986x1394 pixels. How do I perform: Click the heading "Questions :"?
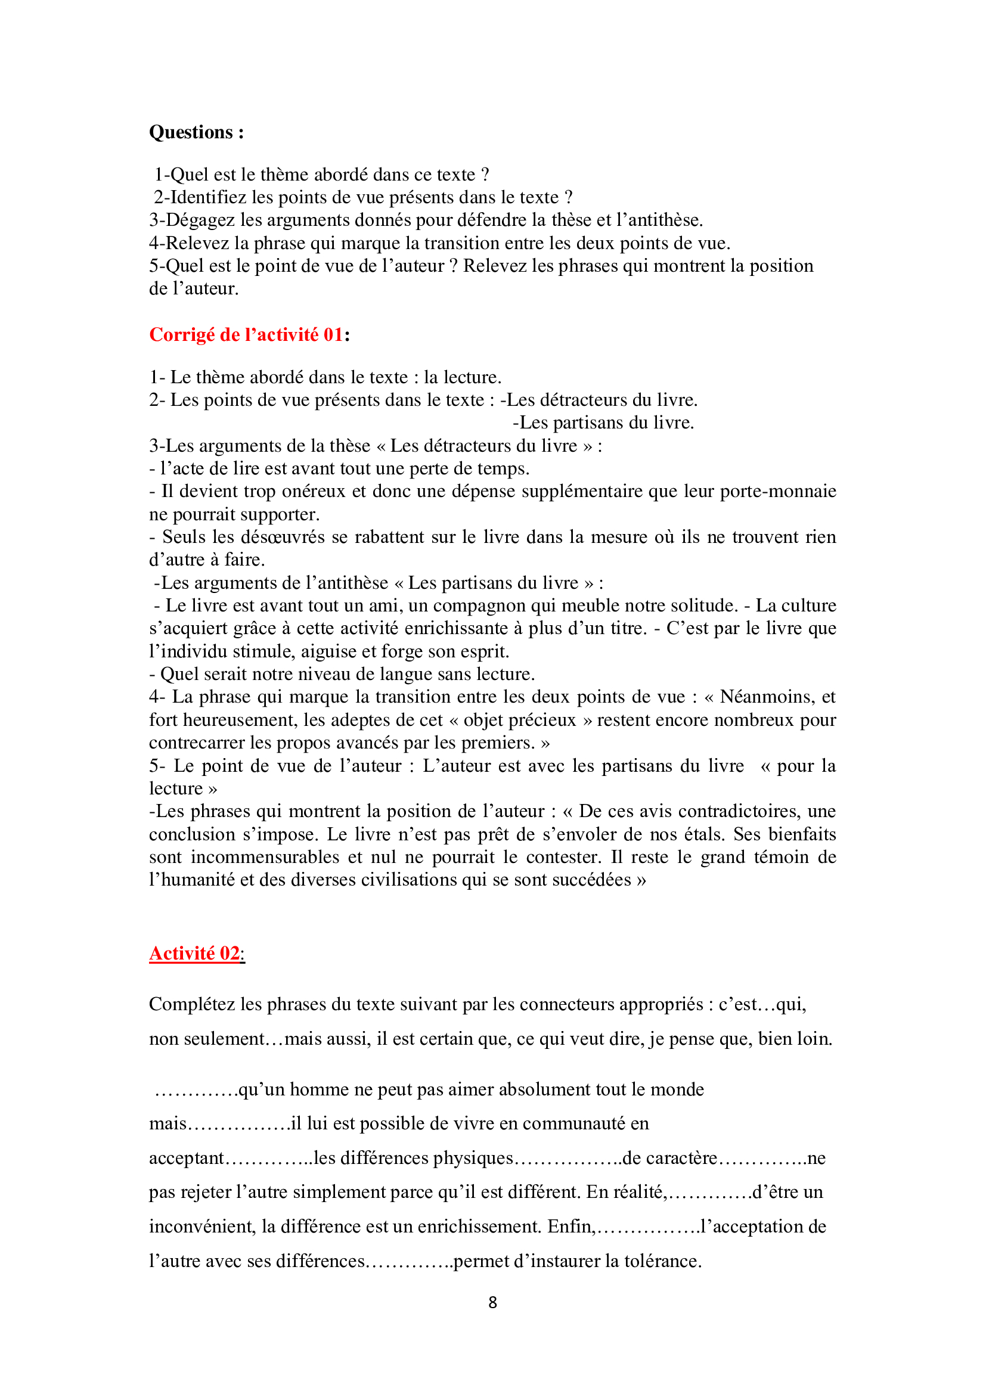(x=196, y=132)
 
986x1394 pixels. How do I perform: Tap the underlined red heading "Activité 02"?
(x=195, y=953)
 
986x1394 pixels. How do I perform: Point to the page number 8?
(x=492, y=1302)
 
